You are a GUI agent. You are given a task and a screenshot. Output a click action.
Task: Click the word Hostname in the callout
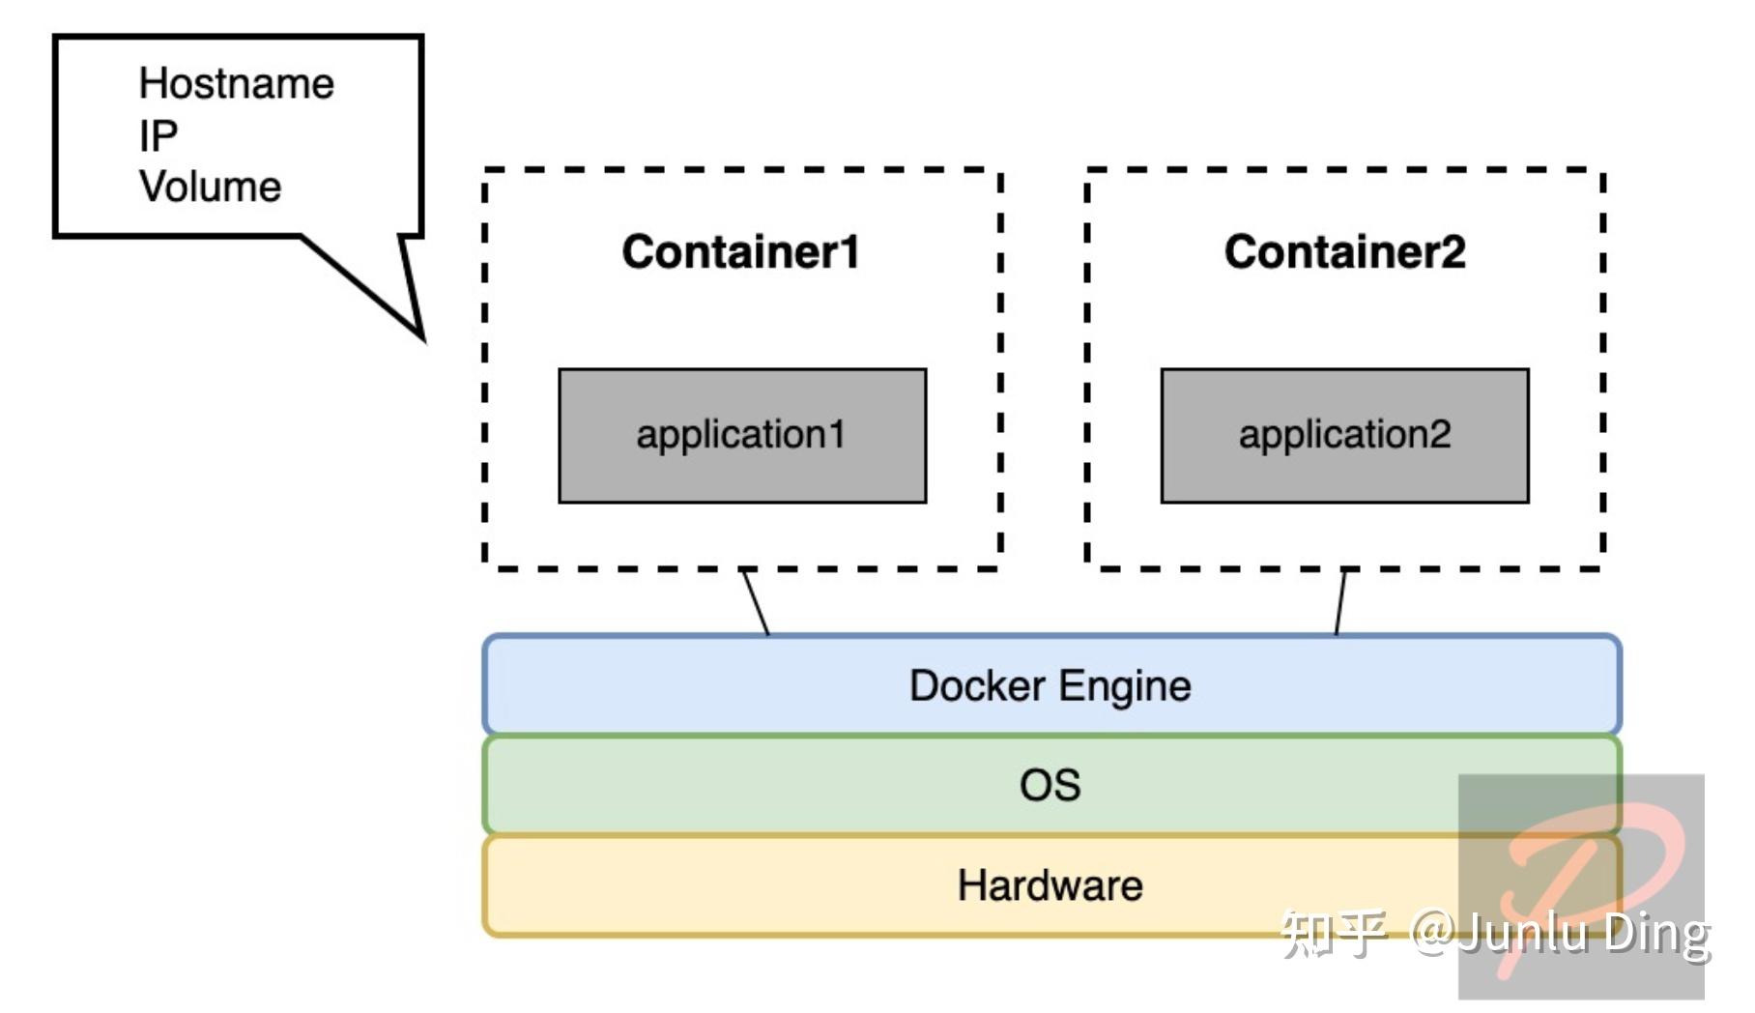click(x=236, y=83)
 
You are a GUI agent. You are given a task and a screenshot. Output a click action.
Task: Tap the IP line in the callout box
click(x=158, y=135)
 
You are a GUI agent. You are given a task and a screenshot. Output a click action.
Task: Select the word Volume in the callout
click(x=210, y=187)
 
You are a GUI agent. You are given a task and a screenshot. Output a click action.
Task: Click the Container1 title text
click(x=740, y=252)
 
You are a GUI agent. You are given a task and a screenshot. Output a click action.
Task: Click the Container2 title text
click(x=1344, y=252)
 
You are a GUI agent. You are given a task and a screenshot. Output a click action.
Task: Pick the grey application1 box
click(x=742, y=435)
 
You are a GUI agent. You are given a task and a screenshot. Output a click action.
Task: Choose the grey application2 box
click(x=1344, y=435)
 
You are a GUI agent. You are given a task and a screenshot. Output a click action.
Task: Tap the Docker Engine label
click(x=1050, y=686)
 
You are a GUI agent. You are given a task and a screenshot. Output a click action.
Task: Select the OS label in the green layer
click(x=1050, y=785)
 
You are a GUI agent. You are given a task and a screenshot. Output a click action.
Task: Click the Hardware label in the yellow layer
click(x=1050, y=885)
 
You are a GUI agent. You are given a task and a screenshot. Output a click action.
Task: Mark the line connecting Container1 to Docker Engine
click(x=756, y=603)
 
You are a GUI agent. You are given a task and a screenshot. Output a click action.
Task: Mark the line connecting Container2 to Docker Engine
click(x=1340, y=603)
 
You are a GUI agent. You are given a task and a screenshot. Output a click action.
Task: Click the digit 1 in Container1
click(x=849, y=252)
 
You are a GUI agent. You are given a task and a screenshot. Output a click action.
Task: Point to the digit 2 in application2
click(x=1439, y=435)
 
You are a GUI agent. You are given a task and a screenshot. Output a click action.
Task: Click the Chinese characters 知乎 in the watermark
click(x=1334, y=933)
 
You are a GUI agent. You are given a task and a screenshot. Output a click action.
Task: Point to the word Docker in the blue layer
click(x=977, y=686)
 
